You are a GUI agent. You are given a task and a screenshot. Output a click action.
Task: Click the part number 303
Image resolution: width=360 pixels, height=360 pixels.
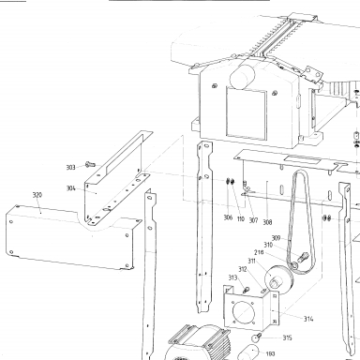(71, 167)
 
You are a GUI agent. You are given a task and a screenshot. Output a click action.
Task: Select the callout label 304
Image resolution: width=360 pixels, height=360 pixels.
(71, 188)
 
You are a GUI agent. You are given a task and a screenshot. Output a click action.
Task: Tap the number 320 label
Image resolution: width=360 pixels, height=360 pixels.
(37, 195)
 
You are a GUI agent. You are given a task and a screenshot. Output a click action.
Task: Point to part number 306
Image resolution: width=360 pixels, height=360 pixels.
(228, 217)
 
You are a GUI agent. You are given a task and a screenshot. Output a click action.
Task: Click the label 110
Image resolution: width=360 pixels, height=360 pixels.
(241, 218)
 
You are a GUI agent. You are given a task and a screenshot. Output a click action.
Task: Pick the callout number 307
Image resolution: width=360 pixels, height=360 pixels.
(253, 220)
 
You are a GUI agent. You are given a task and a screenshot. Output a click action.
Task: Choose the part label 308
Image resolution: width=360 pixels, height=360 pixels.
(267, 222)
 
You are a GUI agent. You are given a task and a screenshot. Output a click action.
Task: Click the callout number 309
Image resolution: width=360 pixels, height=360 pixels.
(276, 238)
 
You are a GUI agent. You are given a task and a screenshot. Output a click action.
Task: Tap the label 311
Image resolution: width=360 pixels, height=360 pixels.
(252, 261)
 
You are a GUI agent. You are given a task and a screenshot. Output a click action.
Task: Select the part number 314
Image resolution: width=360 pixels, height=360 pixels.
(308, 319)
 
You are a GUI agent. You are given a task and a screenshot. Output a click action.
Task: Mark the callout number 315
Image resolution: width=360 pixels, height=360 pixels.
(287, 337)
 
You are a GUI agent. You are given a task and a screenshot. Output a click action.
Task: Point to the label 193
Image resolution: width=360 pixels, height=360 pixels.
(270, 353)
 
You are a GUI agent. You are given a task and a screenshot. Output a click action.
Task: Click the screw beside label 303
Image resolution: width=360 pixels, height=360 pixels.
(90, 164)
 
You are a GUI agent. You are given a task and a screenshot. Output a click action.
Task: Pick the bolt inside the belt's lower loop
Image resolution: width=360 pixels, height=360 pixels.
(304, 258)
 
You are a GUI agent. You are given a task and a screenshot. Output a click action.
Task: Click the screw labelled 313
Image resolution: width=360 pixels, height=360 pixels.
(246, 291)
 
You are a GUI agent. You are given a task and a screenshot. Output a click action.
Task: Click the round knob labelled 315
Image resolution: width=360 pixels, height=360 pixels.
(256, 337)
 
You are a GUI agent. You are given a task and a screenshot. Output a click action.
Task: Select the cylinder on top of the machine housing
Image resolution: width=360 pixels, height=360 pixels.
(242, 77)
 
